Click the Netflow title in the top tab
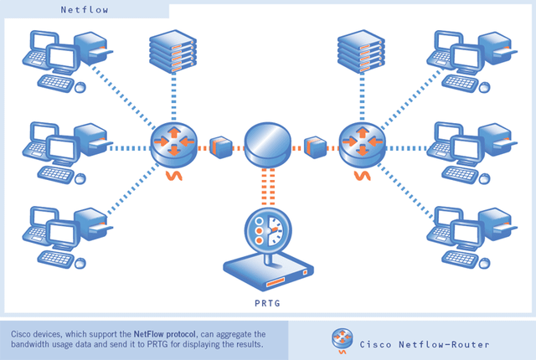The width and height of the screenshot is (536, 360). (x=84, y=10)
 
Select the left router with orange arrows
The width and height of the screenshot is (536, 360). (x=173, y=141)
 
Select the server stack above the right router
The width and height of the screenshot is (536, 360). (x=359, y=50)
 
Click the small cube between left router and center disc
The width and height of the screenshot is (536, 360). (x=220, y=145)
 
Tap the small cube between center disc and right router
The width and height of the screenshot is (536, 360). (x=315, y=145)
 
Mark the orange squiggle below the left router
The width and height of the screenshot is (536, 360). (x=173, y=176)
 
